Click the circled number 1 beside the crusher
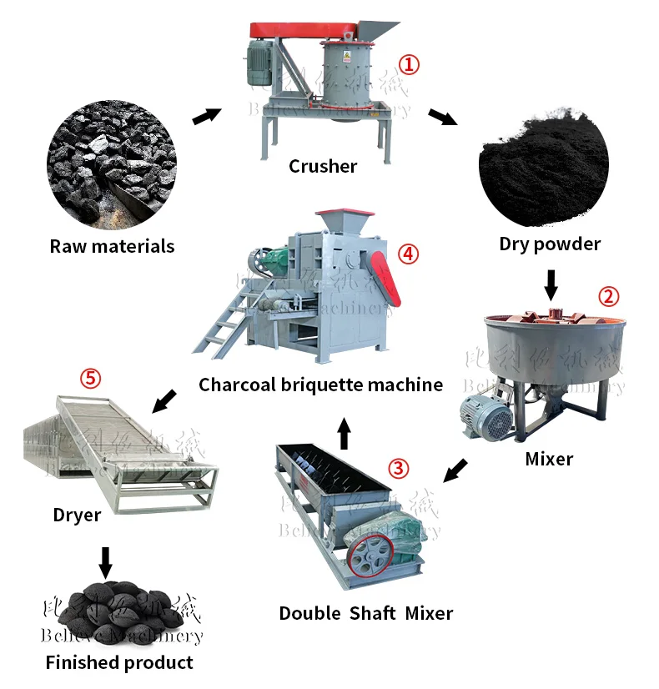(x=408, y=63)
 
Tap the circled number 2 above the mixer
(x=609, y=296)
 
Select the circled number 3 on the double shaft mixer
(x=400, y=468)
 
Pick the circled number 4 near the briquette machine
(x=407, y=254)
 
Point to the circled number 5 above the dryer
(x=90, y=379)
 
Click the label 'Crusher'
(x=323, y=166)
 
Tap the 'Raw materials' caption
(x=112, y=246)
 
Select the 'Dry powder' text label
(x=550, y=244)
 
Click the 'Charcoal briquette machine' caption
(x=320, y=385)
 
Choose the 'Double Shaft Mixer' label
(x=365, y=614)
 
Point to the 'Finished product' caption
(x=119, y=663)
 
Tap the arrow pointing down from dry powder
(x=550, y=284)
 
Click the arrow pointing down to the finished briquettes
(x=104, y=562)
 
